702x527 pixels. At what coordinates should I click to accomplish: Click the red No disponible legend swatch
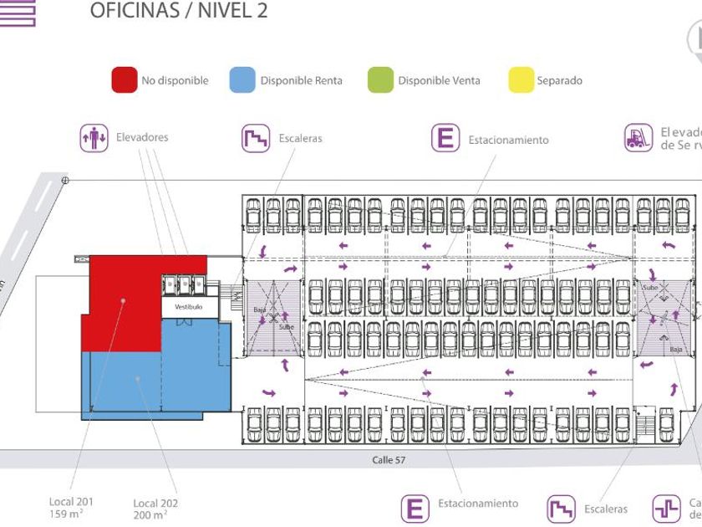125,80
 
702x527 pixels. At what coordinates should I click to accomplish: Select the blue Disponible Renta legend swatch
242,80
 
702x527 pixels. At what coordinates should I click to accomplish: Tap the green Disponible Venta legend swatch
379,80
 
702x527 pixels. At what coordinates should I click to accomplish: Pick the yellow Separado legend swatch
521,80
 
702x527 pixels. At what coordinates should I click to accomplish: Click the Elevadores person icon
94,138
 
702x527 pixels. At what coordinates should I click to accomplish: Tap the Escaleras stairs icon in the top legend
256,139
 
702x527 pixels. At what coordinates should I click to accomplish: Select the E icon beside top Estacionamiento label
446,139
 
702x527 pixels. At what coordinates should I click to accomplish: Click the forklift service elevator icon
638,139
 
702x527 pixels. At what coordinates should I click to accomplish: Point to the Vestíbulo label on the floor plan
188,307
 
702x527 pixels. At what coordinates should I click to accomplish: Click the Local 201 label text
71,502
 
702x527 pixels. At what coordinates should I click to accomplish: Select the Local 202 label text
155,504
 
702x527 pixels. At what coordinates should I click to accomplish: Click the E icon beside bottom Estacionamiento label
415,508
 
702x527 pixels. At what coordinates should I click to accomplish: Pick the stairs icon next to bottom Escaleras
562,509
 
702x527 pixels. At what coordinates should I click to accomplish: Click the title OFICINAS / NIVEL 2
178,11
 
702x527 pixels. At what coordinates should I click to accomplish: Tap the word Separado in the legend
559,81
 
